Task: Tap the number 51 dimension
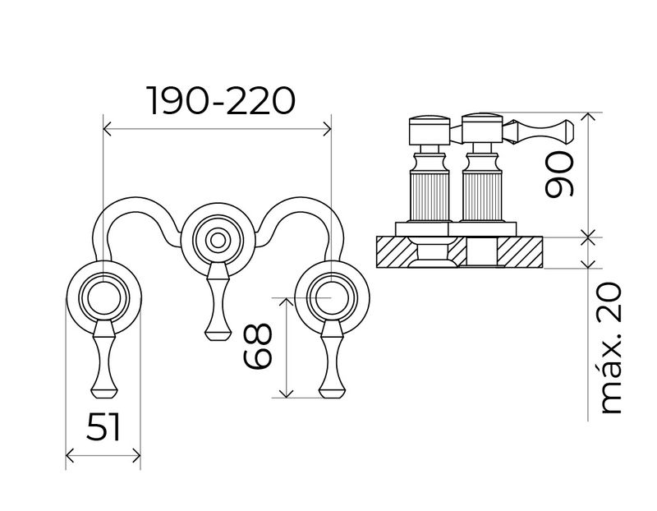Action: click(x=103, y=426)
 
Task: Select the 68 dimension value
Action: click(x=258, y=346)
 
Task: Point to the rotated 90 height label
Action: click(x=558, y=174)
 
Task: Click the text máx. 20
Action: click(x=610, y=349)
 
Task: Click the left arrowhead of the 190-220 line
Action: click(x=108, y=129)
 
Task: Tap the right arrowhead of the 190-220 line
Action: click(x=327, y=129)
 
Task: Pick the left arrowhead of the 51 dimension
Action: click(x=70, y=455)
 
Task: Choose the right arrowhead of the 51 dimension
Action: click(x=136, y=455)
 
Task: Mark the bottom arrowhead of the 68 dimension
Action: click(x=286, y=394)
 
